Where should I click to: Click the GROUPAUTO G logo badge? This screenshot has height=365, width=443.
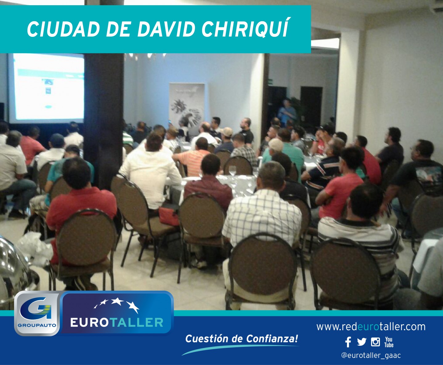[x=37, y=313]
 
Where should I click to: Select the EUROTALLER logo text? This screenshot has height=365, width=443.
[x=117, y=323]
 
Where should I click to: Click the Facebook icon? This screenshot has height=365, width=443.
[x=348, y=342]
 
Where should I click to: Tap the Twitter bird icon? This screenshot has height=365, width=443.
[x=361, y=342]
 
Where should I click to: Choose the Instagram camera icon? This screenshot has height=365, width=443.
[x=375, y=342]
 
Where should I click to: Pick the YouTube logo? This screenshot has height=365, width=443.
[x=389, y=342]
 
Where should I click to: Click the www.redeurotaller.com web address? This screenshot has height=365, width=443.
[x=371, y=327]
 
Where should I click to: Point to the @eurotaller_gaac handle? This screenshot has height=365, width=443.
[x=371, y=355]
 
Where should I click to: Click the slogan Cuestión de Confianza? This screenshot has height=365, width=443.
[x=242, y=339]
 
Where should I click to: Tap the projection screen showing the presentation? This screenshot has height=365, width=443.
[x=46, y=88]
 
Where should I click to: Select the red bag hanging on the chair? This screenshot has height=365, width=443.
[x=169, y=216]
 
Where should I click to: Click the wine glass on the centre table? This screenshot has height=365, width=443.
[x=233, y=171]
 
